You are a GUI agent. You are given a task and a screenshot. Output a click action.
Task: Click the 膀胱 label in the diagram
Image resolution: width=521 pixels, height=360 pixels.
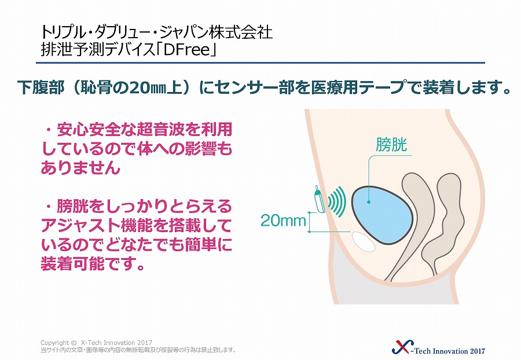pos(391,145)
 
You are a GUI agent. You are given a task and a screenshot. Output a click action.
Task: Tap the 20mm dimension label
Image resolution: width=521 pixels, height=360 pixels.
pos(283,221)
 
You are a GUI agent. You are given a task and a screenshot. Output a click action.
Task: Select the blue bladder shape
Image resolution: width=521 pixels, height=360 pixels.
pos(383,215)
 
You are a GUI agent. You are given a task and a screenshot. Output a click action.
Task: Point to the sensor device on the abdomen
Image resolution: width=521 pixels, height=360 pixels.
pos(320,199)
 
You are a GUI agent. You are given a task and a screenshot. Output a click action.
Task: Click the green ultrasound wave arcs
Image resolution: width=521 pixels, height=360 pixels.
pos(337,201)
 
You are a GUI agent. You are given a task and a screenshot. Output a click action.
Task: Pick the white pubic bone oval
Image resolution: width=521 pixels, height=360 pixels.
pos(364,242)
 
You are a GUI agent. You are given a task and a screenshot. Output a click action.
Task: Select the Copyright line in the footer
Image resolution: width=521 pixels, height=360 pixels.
pos(96,343)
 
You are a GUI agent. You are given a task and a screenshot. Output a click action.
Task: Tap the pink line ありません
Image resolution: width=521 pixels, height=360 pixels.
pos(80,167)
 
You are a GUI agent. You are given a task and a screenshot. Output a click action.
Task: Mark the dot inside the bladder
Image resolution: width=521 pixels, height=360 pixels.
pos(369,201)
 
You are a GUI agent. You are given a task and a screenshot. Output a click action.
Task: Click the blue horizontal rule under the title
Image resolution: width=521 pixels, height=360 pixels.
pos(260,63)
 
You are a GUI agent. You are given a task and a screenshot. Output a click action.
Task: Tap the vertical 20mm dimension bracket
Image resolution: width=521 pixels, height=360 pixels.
pos(310,222)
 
